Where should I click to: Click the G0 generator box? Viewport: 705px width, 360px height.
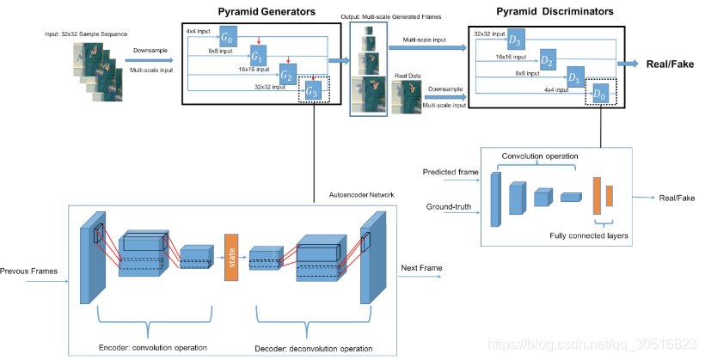228,38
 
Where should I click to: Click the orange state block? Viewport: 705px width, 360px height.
230,256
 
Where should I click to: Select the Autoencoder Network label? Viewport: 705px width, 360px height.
360,194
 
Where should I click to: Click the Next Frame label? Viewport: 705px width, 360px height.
421,268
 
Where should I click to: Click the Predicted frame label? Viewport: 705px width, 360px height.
451,172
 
